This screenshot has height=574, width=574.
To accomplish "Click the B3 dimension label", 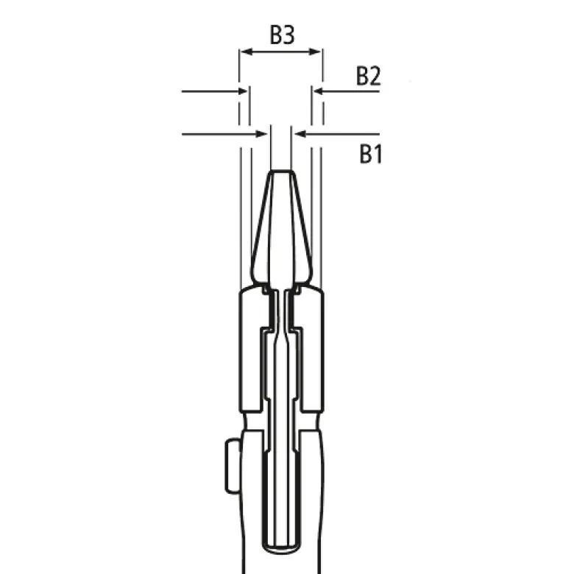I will (x=281, y=34).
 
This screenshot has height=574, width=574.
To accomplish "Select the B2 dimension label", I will (x=369, y=76).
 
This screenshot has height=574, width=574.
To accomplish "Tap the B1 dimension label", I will (x=370, y=154).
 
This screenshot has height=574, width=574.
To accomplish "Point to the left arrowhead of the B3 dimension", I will (x=244, y=52).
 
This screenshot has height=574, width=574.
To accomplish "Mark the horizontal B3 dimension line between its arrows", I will (x=281, y=52).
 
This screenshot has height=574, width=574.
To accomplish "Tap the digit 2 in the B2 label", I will (x=375, y=76).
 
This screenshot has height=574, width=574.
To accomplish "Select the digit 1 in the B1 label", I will (x=377, y=154).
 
